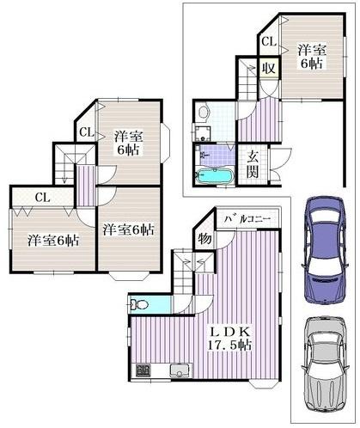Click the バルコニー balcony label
click(247, 220)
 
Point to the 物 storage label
click(205, 236)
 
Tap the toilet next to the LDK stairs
click(141, 304)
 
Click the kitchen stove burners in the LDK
click(140, 372)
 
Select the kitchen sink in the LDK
click(179, 371)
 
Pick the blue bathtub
click(211, 176)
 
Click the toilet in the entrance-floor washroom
click(204, 112)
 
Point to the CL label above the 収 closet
click(267, 41)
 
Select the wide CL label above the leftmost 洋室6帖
click(41, 198)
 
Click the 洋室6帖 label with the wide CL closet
click(51, 241)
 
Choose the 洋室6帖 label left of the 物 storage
click(129, 229)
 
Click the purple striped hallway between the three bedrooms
click(85, 183)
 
